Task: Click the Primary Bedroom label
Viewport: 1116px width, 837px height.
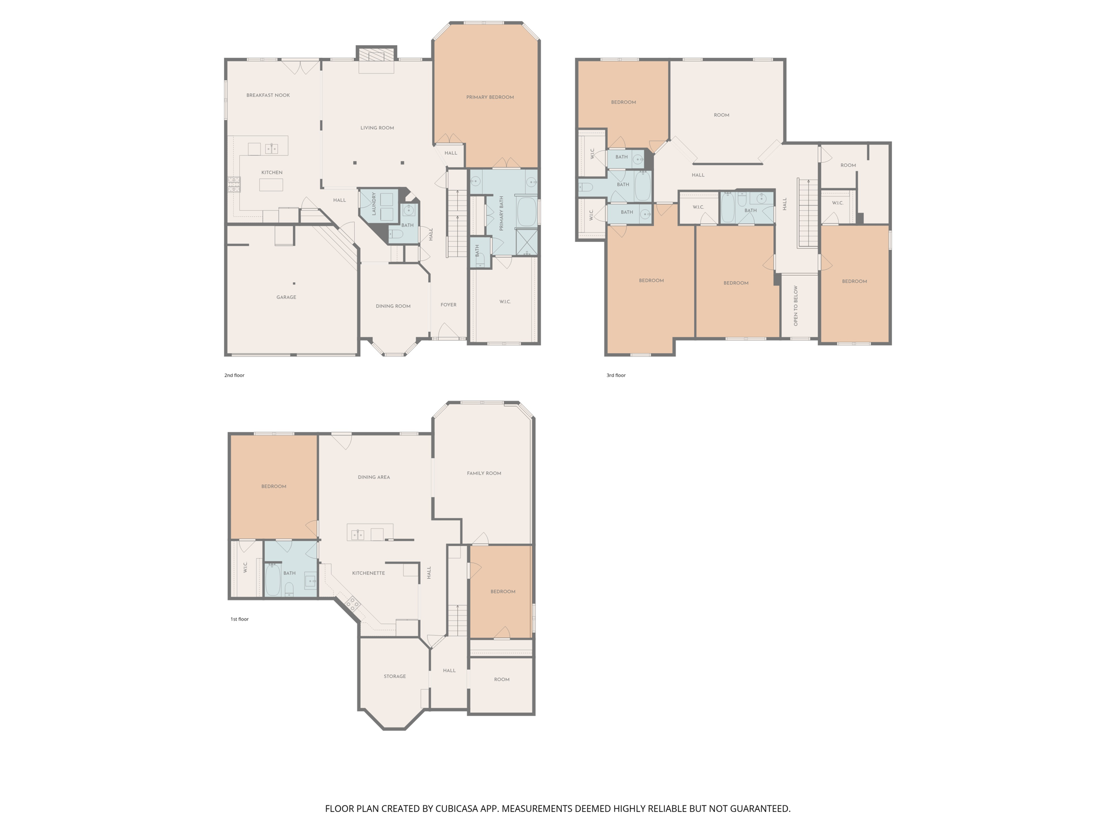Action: coord(490,98)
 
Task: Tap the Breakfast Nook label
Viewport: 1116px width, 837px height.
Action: coord(268,95)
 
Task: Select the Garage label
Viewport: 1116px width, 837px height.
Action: coord(286,298)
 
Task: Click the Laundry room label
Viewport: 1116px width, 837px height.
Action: coord(374,204)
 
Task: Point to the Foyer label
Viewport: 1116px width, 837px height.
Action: coord(448,305)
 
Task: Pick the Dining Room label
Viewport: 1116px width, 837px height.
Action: coord(393,306)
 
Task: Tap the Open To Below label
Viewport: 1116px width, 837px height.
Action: coord(796,306)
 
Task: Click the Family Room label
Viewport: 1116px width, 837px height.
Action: coord(484,474)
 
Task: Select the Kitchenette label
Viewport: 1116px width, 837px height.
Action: coord(368,573)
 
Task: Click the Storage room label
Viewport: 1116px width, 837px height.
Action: coord(395,677)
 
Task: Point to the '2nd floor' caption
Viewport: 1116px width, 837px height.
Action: coord(234,375)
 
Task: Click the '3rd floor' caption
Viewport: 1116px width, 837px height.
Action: coord(616,375)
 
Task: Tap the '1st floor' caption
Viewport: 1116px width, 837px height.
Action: coord(239,620)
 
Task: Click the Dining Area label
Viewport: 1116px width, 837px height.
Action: coord(374,477)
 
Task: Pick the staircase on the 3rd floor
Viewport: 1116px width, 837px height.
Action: coord(808,213)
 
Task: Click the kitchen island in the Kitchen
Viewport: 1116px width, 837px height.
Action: coord(271,185)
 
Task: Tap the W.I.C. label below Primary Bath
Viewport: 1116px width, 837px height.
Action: coord(505,302)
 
